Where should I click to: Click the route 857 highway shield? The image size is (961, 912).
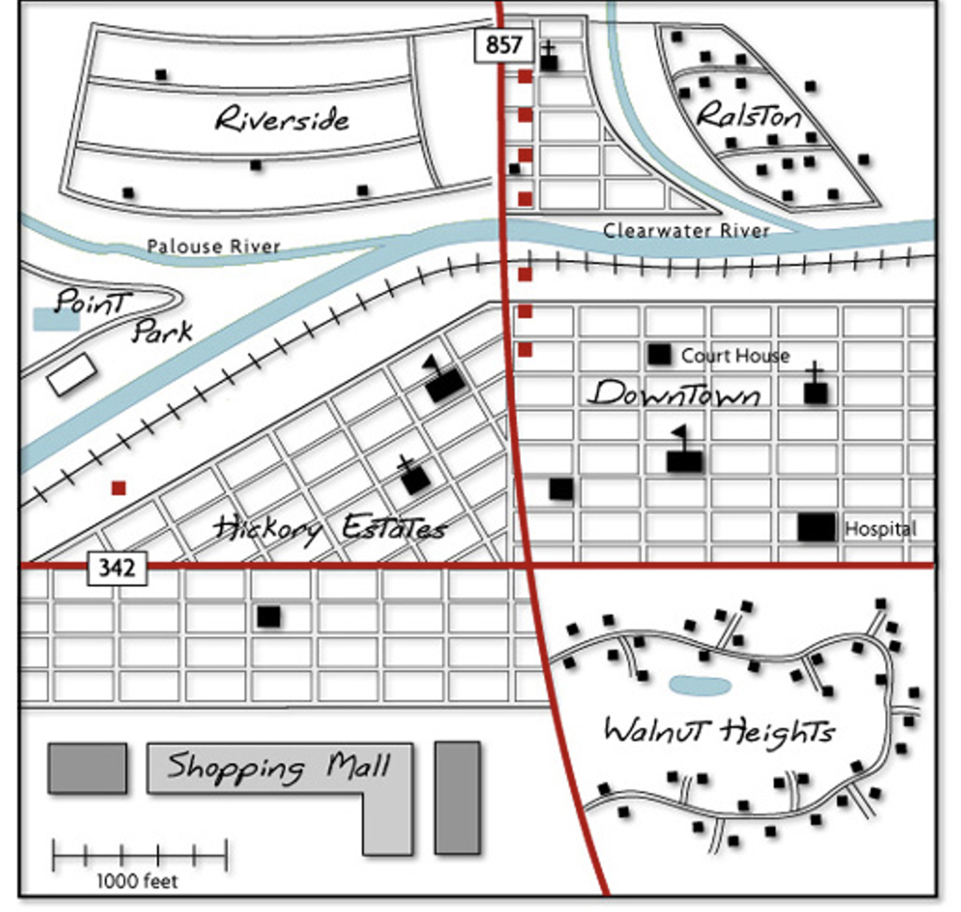pos(503,45)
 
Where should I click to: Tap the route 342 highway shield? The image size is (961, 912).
pos(117,567)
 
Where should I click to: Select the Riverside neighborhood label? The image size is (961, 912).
pos(282,119)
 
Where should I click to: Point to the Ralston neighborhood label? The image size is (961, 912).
pos(749,115)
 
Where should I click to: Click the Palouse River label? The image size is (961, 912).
pos(213,246)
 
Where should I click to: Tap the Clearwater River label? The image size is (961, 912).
pos(686,230)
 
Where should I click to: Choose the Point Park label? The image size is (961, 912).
pos(122,315)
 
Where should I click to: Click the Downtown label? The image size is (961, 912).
pos(674,394)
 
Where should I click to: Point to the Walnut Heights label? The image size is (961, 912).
pos(719,730)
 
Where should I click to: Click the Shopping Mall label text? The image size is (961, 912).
pos(279,767)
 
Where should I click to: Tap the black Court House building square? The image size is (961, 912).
pos(660,354)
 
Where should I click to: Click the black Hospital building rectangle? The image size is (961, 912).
pos(816,527)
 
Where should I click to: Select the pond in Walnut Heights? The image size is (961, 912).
pos(700,686)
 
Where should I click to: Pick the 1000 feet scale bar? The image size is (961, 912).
pos(139,855)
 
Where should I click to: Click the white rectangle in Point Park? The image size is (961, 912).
pos(72,374)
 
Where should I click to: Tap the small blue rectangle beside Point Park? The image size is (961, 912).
pos(56,319)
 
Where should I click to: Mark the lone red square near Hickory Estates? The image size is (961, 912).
pos(118,488)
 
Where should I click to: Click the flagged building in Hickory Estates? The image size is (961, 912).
pos(445,384)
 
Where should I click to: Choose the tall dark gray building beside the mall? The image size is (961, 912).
pos(457,798)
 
